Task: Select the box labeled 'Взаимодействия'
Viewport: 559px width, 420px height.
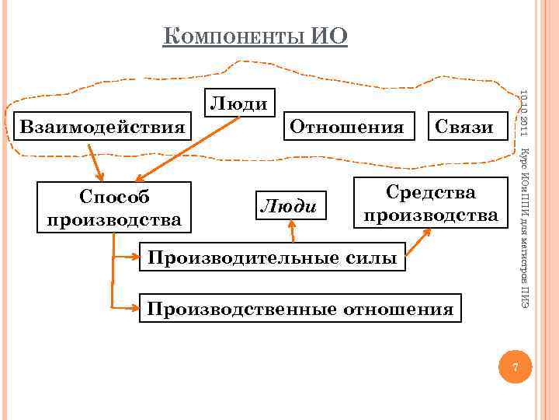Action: pos(103,125)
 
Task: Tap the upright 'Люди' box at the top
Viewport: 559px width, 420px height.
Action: pos(240,103)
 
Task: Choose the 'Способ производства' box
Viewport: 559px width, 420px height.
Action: pos(114,208)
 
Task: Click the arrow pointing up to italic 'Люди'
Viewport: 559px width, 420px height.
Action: pos(292,231)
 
